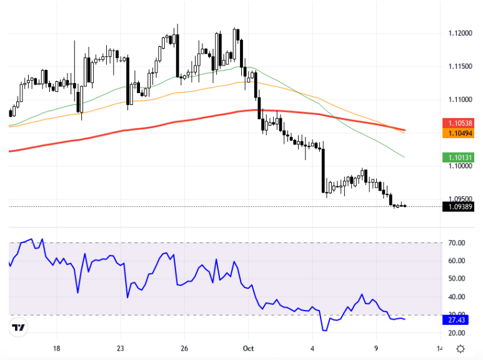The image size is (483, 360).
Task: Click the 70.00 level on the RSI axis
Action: (457, 242)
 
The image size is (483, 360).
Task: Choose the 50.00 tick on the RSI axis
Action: (457, 279)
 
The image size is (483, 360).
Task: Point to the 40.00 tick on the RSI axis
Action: (457, 297)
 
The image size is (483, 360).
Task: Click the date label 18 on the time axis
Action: (56, 348)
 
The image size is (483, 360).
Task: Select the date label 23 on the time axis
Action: (121, 348)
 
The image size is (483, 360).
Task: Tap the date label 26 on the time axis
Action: (184, 348)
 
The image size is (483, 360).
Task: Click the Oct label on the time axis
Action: (248, 348)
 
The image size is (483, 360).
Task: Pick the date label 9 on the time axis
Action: (376, 348)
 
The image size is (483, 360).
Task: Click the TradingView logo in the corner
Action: (18, 327)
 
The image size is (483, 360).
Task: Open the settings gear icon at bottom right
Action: (460, 349)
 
